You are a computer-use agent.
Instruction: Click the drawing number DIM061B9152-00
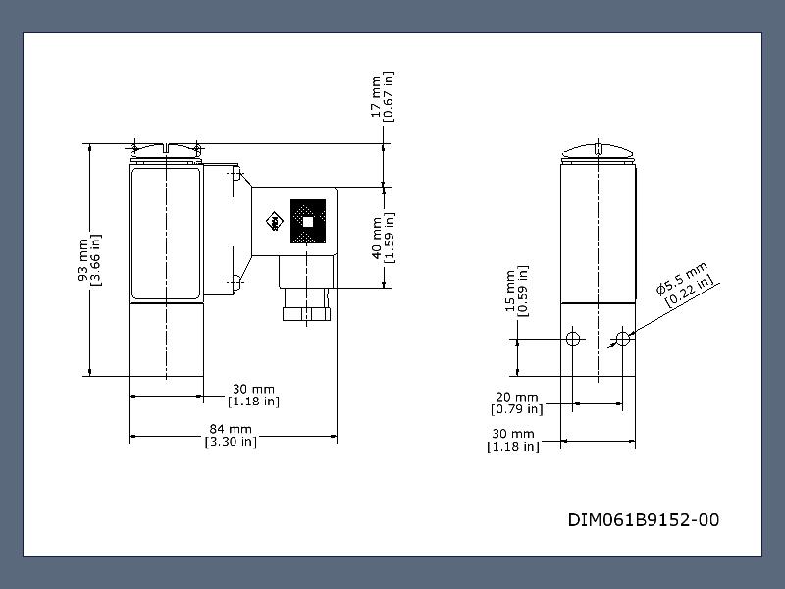[x=644, y=520]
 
